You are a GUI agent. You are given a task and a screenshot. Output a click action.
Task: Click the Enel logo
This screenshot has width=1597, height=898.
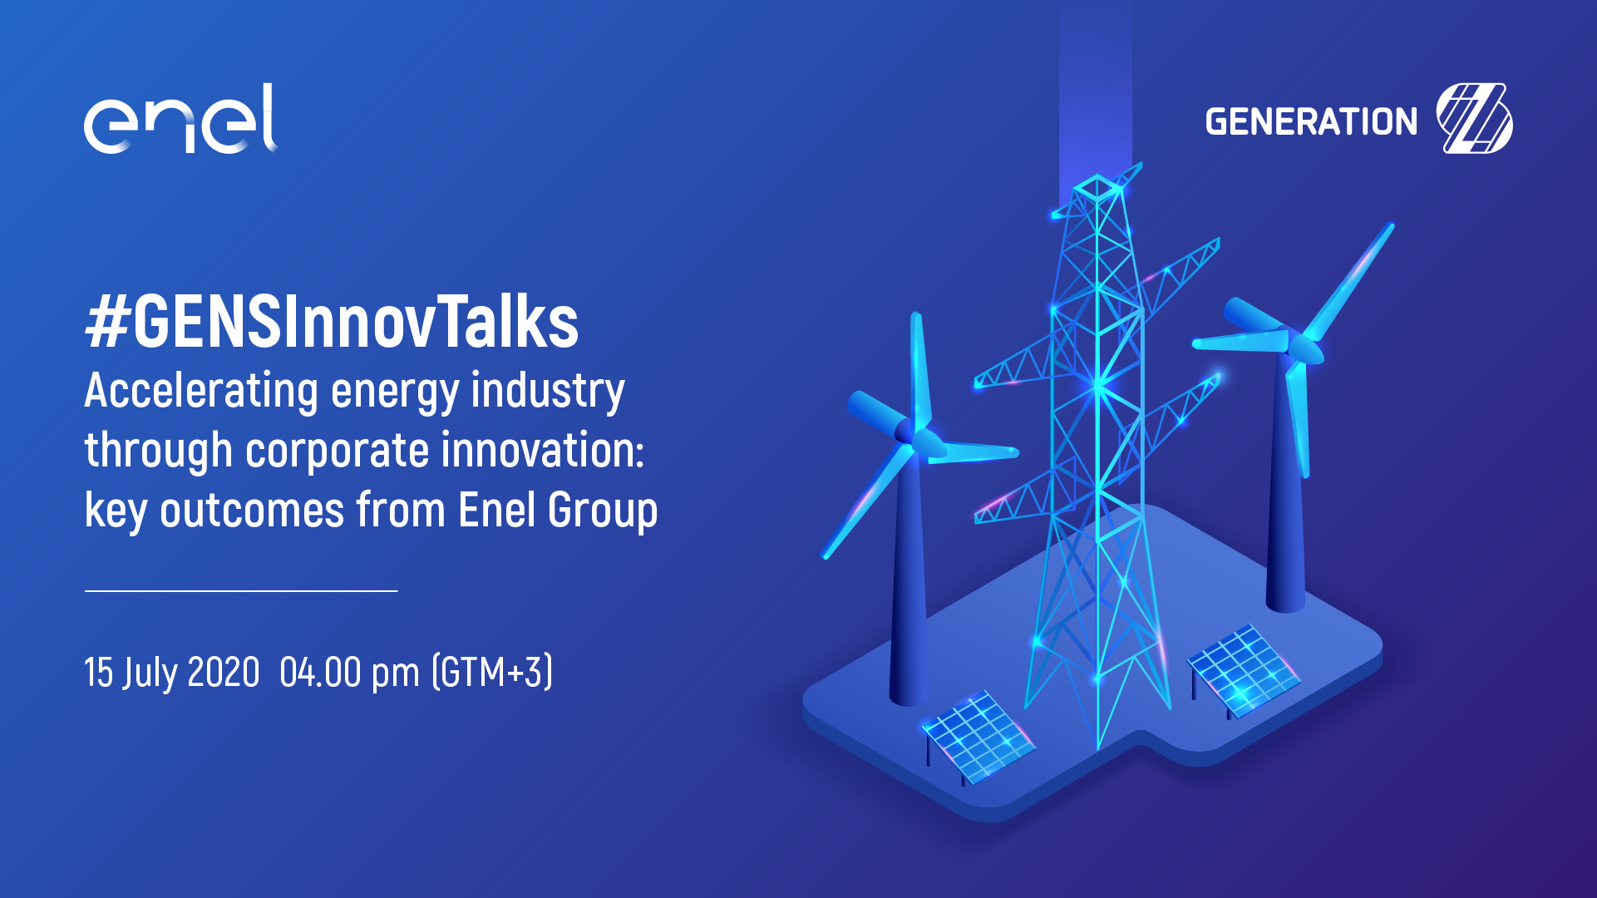180,119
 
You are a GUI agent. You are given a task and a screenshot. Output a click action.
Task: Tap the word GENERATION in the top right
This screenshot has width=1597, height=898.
1311,122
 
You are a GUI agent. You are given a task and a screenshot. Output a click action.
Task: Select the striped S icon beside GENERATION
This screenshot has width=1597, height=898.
1474,119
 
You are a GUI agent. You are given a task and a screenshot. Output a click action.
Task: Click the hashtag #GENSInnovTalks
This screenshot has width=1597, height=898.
332,323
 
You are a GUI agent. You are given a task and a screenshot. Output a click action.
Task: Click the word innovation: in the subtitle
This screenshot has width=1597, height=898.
543,450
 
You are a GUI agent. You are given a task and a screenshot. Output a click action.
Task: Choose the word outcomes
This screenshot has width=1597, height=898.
252,510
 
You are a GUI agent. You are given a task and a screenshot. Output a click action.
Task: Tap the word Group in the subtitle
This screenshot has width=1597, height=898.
603,511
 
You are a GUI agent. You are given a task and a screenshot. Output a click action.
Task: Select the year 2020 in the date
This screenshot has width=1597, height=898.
224,672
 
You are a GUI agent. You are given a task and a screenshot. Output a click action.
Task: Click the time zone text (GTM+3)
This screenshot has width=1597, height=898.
492,672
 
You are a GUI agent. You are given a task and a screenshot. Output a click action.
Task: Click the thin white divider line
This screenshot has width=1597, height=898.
241,590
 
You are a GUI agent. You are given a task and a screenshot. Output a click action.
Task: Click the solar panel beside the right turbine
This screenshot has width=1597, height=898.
1244,670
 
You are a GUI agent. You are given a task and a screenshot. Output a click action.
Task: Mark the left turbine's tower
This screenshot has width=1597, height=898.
908,582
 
